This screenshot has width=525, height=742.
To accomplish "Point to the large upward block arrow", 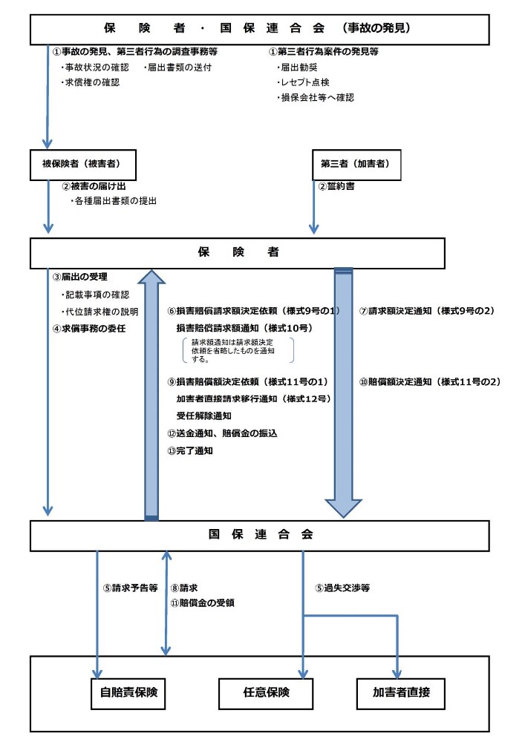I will pyautogui.click(x=151, y=393).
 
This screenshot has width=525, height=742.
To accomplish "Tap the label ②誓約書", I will pyautogui.click(x=336, y=186).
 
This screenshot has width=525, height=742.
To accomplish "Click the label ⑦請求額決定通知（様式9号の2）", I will pyautogui.click(x=427, y=310).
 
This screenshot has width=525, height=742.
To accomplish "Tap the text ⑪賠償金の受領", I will pyautogui.click(x=203, y=603).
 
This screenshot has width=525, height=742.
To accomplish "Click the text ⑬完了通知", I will pyautogui.click(x=191, y=450).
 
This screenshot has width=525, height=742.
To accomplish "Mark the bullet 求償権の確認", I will pyautogui.click(x=90, y=82).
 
